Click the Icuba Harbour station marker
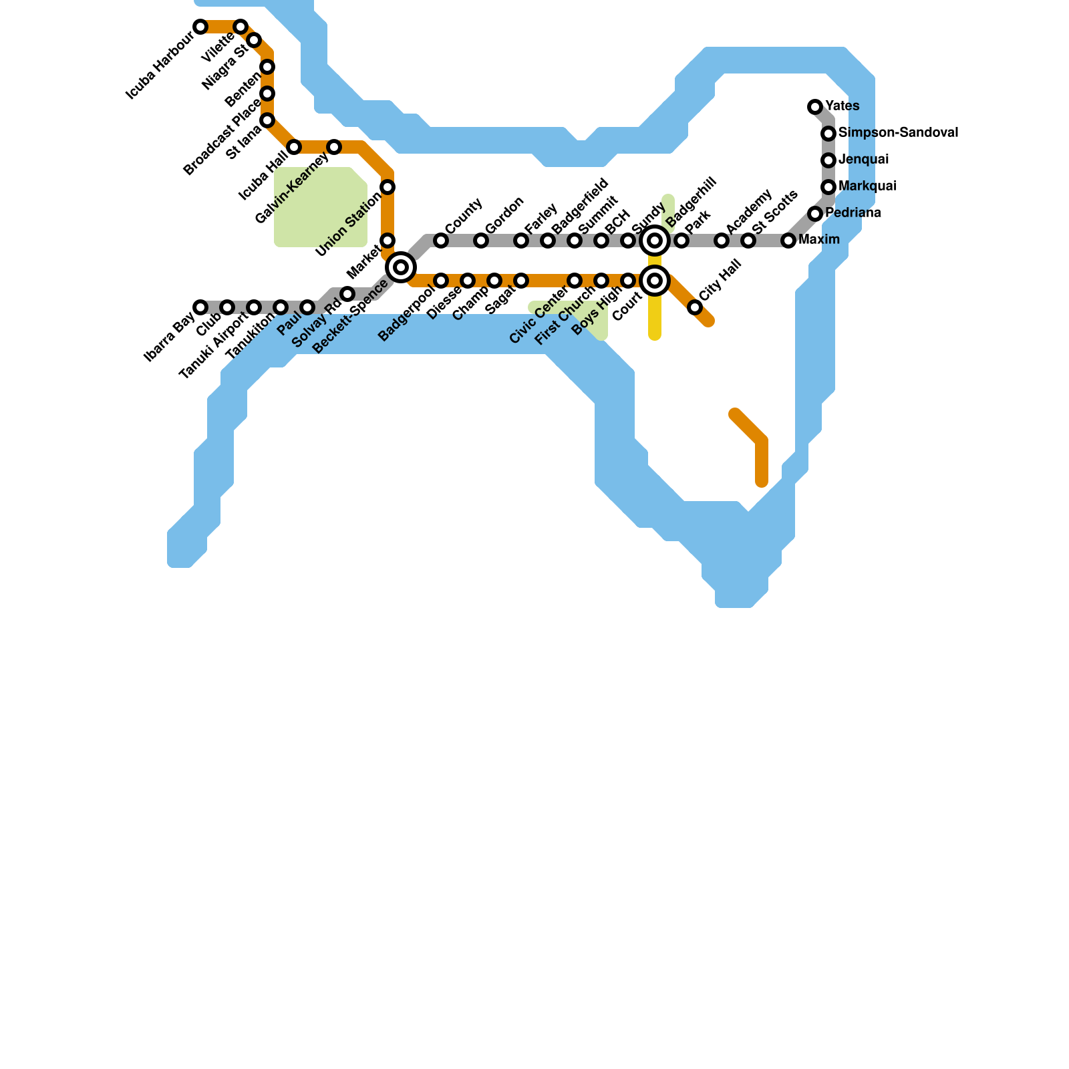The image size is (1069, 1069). tap(200, 27)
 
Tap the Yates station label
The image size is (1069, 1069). tap(842, 106)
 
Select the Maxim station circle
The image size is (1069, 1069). tap(788, 241)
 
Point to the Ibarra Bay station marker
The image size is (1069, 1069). tap(200, 307)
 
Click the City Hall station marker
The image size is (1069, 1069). tap(695, 307)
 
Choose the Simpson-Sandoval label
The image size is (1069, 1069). tap(898, 133)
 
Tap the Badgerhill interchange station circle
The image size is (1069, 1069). tap(655, 241)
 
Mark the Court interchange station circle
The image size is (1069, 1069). tap(655, 281)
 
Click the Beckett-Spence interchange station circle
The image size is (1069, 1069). tap(401, 267)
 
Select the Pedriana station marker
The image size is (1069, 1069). tap(815, 214)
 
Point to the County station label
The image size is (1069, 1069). tap(463, 216)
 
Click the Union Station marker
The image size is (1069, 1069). tap(388, 187)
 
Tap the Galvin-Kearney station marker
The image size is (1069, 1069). tap(334, 147)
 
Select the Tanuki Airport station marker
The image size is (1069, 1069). tap(254, 307)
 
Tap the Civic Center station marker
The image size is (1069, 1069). tap(575, 281)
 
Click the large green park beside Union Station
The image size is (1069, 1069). tap(319, 207)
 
